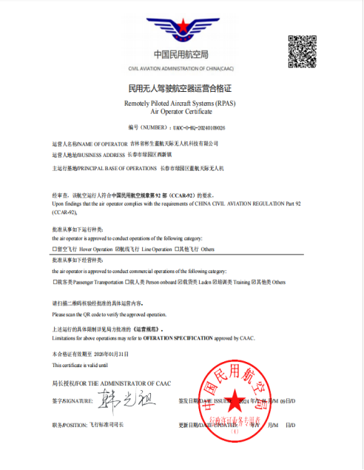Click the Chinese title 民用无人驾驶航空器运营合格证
(181, 88)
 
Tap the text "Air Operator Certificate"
(181, 111)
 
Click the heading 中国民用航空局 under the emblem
(181, 53)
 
